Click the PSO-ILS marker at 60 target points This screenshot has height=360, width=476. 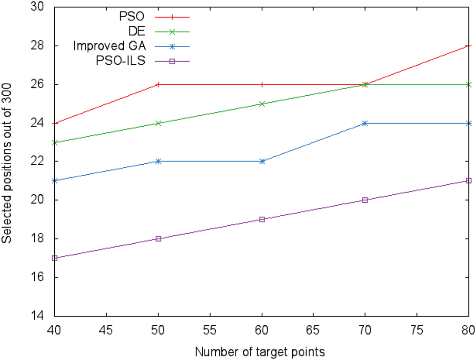click(x=262, y=220)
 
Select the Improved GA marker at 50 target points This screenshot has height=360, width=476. click(x=159, y=161)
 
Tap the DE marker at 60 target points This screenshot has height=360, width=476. click(x=262, y=104)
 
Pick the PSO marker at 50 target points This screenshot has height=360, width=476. click(x=159, y=84)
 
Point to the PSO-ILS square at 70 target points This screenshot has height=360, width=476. click(x=365, y=200)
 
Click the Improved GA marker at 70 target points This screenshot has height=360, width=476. click(x=365, y=123)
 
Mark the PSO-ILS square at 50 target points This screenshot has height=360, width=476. click(x=159, y=239)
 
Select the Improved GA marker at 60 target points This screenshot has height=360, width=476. click(x=262, y=161)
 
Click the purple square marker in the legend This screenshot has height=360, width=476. click(x=172, y=60)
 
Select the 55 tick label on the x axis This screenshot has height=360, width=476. click(x=210, y=329)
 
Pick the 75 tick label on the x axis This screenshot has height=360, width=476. click(x=417, y=329)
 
